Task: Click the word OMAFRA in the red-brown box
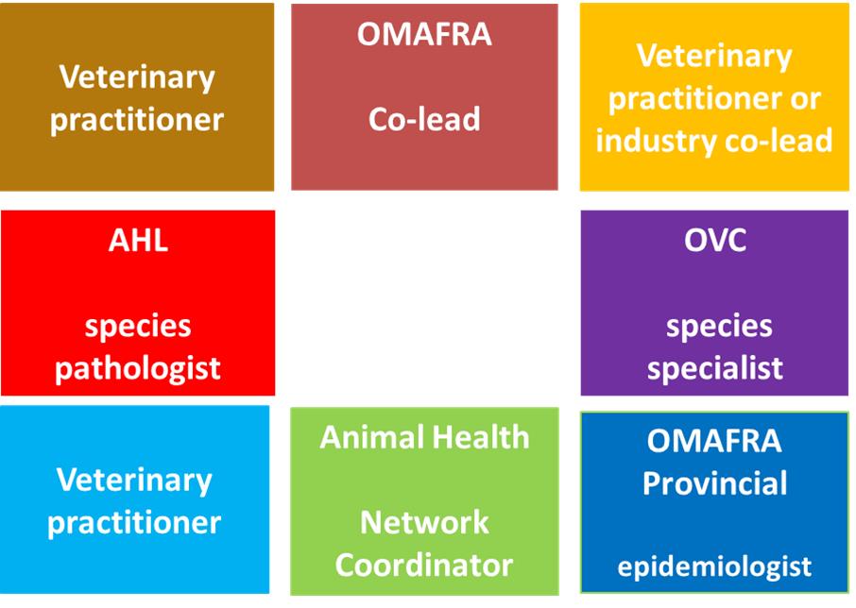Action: click(x=424, y=34)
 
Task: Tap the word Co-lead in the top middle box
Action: click(x=424, y=119)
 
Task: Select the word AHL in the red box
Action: click(x=138, y=240)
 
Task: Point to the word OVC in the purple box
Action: click(x=715, y=240)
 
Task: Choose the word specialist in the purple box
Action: click(x=715, y=368)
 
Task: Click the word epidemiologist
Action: click(x=714, y=567)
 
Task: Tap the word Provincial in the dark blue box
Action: click(x=714, y=482)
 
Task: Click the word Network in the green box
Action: click(x=424, y=522)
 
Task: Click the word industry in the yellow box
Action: click(x=655, y=141)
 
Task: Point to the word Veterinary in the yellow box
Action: click(x=714, y=57)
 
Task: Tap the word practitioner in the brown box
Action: click(x=137, y=121)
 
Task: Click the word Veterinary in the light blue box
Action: click(x=134, y=481)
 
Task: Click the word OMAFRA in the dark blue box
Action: click(x=714, y=441)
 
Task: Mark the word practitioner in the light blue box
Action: click(x=134, y=523)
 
